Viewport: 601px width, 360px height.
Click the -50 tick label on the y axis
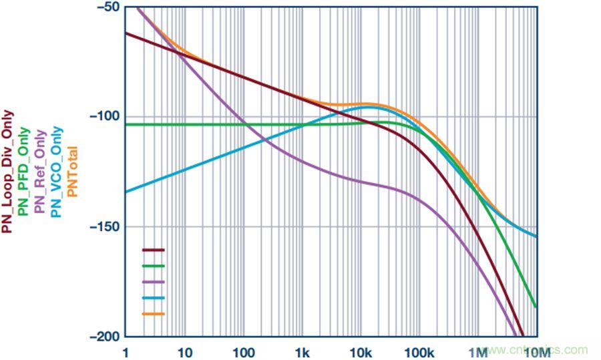[x=105, y=7]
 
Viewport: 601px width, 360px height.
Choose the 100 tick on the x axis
[x=244, y=351]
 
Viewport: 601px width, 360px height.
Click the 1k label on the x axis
[x=302, y=351]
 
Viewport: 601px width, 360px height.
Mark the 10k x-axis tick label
[x=361, y=351]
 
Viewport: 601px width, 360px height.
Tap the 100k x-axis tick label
[x=419, y=351]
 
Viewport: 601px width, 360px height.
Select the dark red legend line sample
[x=154, y=250]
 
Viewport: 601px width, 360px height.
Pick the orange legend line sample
[x=154, y=313]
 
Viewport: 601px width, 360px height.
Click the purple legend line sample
[x=154, y=281]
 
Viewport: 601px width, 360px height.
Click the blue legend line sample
[x=154, y=297]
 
